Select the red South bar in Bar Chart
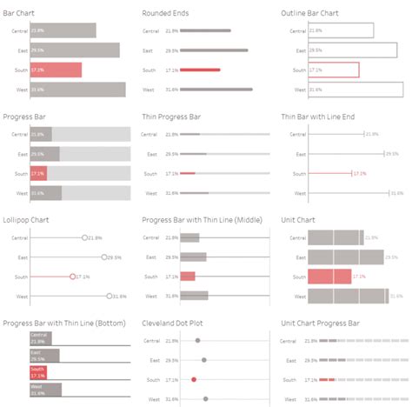pyautogui.click(x=56, y=70)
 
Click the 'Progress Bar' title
pyautogui.click(x=25, y=116)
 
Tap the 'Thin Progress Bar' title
pyautogui.click(x=171, y=116)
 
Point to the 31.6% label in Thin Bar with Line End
pyautogui.click(x=396, y=193)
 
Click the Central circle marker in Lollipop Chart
pyautogui.click(x=85, y=237)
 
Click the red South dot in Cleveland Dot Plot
pyautogui.click(x=194, y=379)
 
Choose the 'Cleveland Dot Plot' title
pyautogui.click(x=176, y=323)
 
